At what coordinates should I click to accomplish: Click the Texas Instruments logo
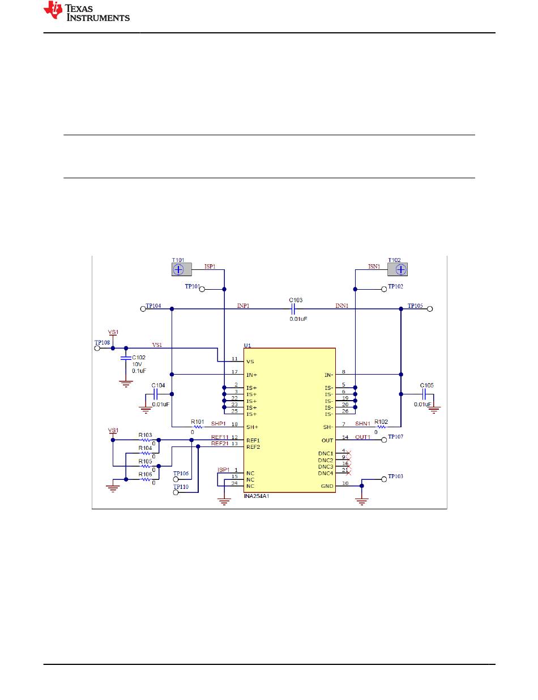pyautogui.click(x=87, y=11)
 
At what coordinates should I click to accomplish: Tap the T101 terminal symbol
pyautogui.click(x=181, y=269)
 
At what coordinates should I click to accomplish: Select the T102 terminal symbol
pyautogui.click(x=398, y=269)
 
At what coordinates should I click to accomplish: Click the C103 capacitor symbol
pyautogui.click(x=293, y=309)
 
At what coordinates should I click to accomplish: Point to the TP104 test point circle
pyautogui.click(x=143, y=309)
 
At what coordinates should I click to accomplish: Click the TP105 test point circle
pyautogui.click(x=430, y=309)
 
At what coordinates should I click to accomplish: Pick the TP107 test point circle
pyautogui.click(x=384, y=440)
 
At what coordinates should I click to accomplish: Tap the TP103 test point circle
pyautogui.click(x=384, y=479)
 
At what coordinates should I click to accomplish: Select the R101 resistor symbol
pyautogui.click(x=198, y=427)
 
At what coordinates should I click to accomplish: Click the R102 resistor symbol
pyautogui.click(x=381, y=427)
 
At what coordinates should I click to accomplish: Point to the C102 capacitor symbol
pyautogui.click(x=126, y=358)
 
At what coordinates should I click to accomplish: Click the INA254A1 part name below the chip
pyautogui.click(x=257, y=496)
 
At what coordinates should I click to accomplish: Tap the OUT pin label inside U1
pyautogui.click(x=327, y=440)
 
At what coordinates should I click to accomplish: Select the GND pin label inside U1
pyautogui.click(x=327, y=486)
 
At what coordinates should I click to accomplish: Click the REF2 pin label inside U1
pyautogui.click(x=253, y=447)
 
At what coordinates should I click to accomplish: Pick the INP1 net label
pyautogui.click(x=244, y=306)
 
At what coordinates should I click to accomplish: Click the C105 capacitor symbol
pyautogui.click(x=424, y=394)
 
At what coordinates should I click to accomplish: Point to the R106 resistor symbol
pyautogui.click(x=146, y=479)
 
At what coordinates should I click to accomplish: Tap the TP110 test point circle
pyautogui.click(x=176, y=492)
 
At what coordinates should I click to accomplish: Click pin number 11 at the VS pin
pyautogui.click(x=234, y=359)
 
